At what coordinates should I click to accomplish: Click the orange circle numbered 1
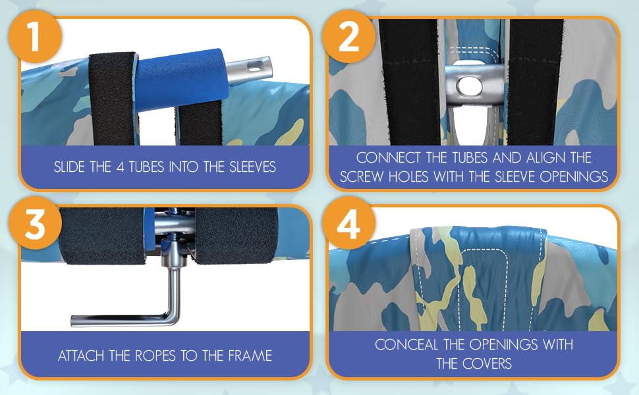point(35,37)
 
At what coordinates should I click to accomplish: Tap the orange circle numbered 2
point(348,37)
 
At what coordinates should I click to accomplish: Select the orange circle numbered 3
point(35,223)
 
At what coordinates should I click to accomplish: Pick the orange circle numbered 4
point(348,223)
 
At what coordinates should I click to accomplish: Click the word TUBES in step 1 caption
point(146,167)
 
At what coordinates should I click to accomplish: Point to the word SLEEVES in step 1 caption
point(253,167)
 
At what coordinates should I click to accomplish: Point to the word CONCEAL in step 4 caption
point(406,344)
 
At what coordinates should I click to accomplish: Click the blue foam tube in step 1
point(179,80)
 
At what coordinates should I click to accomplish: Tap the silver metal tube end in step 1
point(248,68)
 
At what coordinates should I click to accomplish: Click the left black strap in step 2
point(409,82)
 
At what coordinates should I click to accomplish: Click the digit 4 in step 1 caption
point(120,167)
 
